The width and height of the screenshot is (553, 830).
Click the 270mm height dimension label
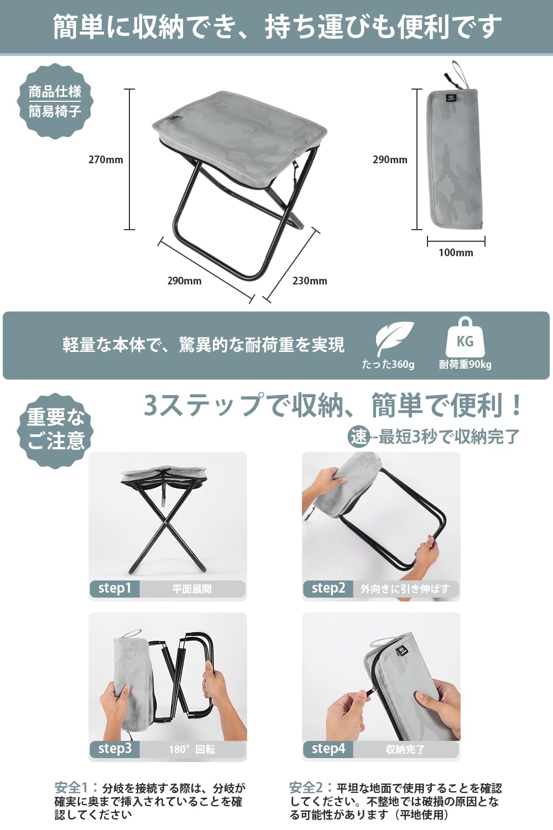(x=106, y=160)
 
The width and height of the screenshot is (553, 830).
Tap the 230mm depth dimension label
(x=310, y=281)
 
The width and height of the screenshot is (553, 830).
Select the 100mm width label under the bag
(x=456, y=253)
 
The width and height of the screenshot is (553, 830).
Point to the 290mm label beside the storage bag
(x=390, y=160)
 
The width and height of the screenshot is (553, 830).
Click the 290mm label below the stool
(x=184, y=281)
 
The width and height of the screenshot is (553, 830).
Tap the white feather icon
(x=393, y=338)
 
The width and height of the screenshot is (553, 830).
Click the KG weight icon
(x=465, y=338)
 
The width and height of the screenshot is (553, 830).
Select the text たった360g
(x=388, y=365)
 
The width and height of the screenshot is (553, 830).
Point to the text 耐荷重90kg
(x=465, y=365)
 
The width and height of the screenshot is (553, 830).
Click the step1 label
(x=114, y=588)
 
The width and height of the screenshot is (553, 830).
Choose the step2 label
(x=328, y=588)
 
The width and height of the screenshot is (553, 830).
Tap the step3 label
(x=114, y=749)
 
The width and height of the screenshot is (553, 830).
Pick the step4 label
(x=328, y=749)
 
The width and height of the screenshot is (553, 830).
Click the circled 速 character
(x=359, y=437)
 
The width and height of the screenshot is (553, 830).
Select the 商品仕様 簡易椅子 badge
(x=55, y=101)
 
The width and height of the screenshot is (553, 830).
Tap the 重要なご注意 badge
(x=55, y=429)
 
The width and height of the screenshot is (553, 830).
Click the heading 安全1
(x=72, y=787)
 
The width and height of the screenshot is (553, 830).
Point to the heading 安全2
(x=306, y=787)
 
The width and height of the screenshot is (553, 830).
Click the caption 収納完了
(x=405, y=750)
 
